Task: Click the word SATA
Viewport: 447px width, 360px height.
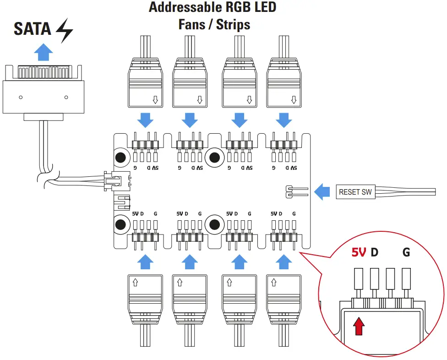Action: [x=32, y=29]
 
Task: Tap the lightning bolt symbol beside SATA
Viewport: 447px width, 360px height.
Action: [x=64, y=31]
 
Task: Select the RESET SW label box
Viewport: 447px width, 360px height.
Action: [x=355, y=192]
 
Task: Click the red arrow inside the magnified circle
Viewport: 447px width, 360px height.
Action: [x=360, y=327]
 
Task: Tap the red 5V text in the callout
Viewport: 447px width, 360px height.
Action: [x=359, y=252]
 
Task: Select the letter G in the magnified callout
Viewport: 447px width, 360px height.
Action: [x=406, y=252]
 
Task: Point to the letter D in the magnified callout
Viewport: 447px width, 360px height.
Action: [x=375, y=252]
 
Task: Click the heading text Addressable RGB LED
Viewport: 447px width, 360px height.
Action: [x=213, y=8]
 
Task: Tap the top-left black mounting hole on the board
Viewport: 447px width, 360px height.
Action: [x=121, y=158]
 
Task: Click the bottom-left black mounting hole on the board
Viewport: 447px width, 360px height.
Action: [x=121, y=224]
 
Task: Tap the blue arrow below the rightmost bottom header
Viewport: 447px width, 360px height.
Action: [x=284, y=262]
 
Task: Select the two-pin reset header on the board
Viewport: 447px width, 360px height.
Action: [x=289, y=191]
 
